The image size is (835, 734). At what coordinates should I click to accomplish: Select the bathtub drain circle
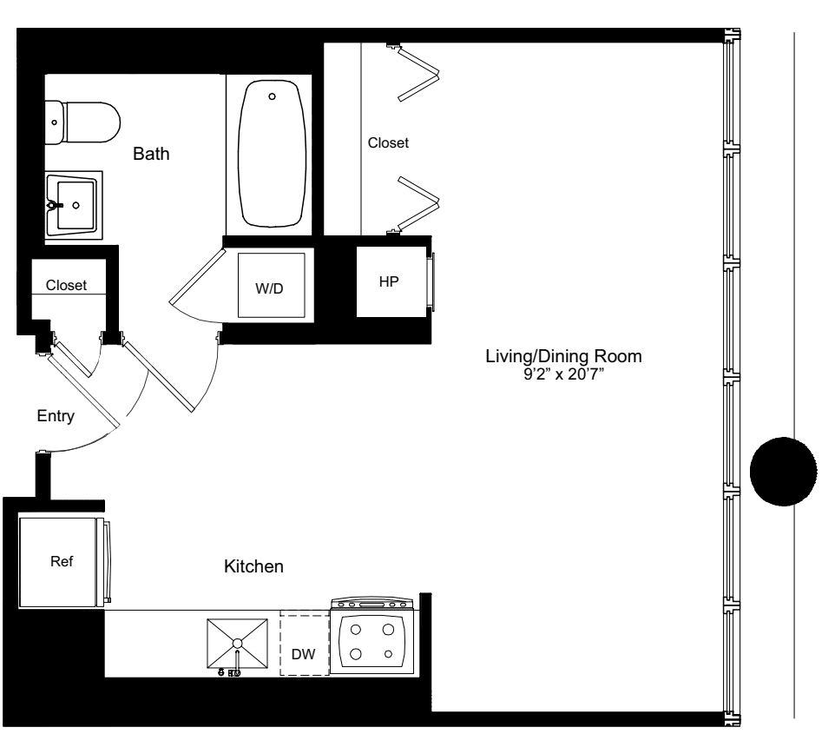pyautogui.click(x=273, y=96)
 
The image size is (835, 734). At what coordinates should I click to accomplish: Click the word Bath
pyautogui.click(x=151, y=155)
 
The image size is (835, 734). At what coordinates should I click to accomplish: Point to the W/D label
pyautogui.click(x=269, y=288)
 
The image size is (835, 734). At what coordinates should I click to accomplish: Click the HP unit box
pyautogui.click(x=388, y=283)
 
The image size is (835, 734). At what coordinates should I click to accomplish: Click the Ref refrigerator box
pyautogui.click(x=60, y=561)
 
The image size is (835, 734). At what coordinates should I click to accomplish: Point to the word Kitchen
pyautogui.click(x=254, y=567)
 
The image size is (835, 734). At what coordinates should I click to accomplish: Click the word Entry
pyautogui.click(x=56, y=416)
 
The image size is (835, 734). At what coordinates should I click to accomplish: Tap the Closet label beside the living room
pyautogui.click(x=388, y=142)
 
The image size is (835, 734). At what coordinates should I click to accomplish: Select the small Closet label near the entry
pyautogui.click(x=66, y=285)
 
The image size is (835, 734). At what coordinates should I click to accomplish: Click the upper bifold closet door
pyautogui.click(x=418, y=74)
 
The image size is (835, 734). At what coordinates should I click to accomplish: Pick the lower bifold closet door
pyautogui.click(x=418, y=203)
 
